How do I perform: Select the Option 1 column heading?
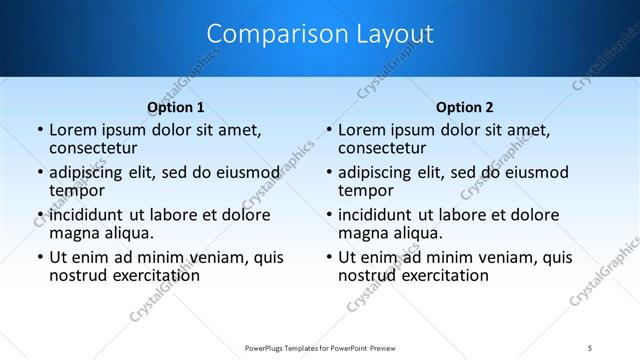[x=176, y=107]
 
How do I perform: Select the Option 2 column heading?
[x=464, y=107]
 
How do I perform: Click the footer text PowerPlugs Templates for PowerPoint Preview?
[x=319, y=348]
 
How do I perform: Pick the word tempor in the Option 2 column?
[x=365, y=190]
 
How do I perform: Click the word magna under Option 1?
[x=74, y=233]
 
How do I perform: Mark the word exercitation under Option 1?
[x=153, y=275]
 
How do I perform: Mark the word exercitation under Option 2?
[x=442, y=275]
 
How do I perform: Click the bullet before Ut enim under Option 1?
[x=39, y=258]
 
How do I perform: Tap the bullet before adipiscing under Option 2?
[x=328, y=173]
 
